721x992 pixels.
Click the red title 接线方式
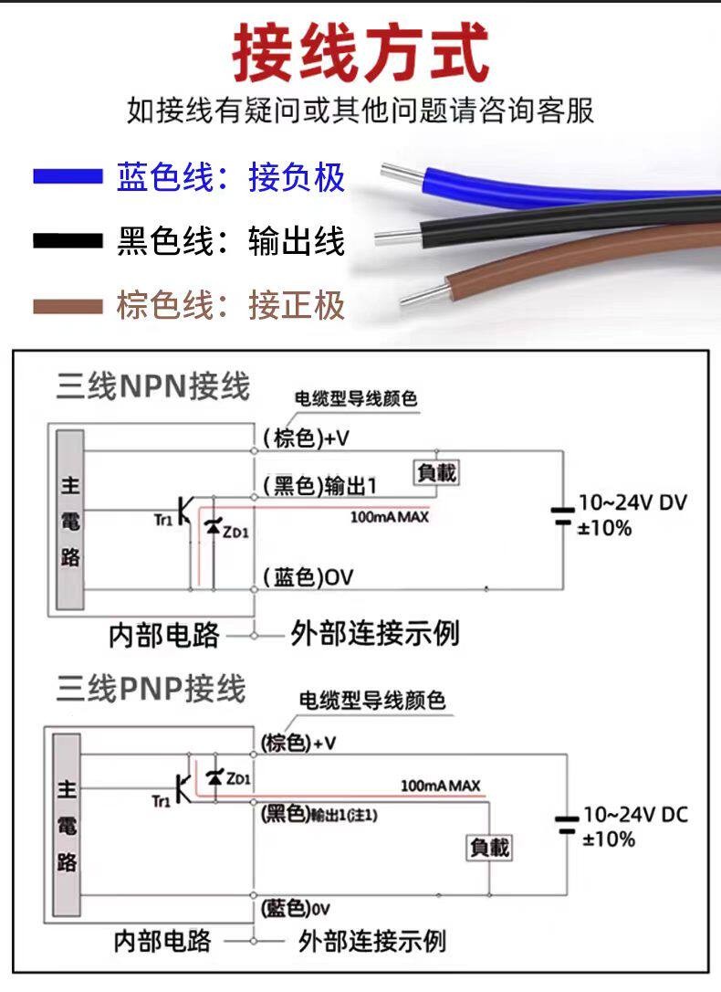point(360,52)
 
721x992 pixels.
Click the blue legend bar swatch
point(68,176)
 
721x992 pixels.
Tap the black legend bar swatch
point(68,241)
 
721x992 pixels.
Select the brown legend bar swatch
point(68,307)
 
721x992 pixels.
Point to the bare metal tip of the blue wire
point(404,173)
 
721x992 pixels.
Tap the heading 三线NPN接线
point(153,385)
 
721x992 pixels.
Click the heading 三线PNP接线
point(151,688)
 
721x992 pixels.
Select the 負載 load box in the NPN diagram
point(436,472)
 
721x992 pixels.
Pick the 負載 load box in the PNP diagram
point(489,847)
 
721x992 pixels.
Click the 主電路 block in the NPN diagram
point(70,520)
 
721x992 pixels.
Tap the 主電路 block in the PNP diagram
point(67,825)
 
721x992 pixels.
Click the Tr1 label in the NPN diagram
point(163,520)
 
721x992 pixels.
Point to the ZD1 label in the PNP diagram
point(238,778)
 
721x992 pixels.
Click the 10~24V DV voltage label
point(632,502)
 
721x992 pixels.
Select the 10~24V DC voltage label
point(635,814)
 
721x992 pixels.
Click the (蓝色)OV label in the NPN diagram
point(308,577)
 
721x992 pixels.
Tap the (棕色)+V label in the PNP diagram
point(298,743)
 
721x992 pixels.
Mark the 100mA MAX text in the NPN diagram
point(390,518)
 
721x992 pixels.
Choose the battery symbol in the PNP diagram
point(567,825)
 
